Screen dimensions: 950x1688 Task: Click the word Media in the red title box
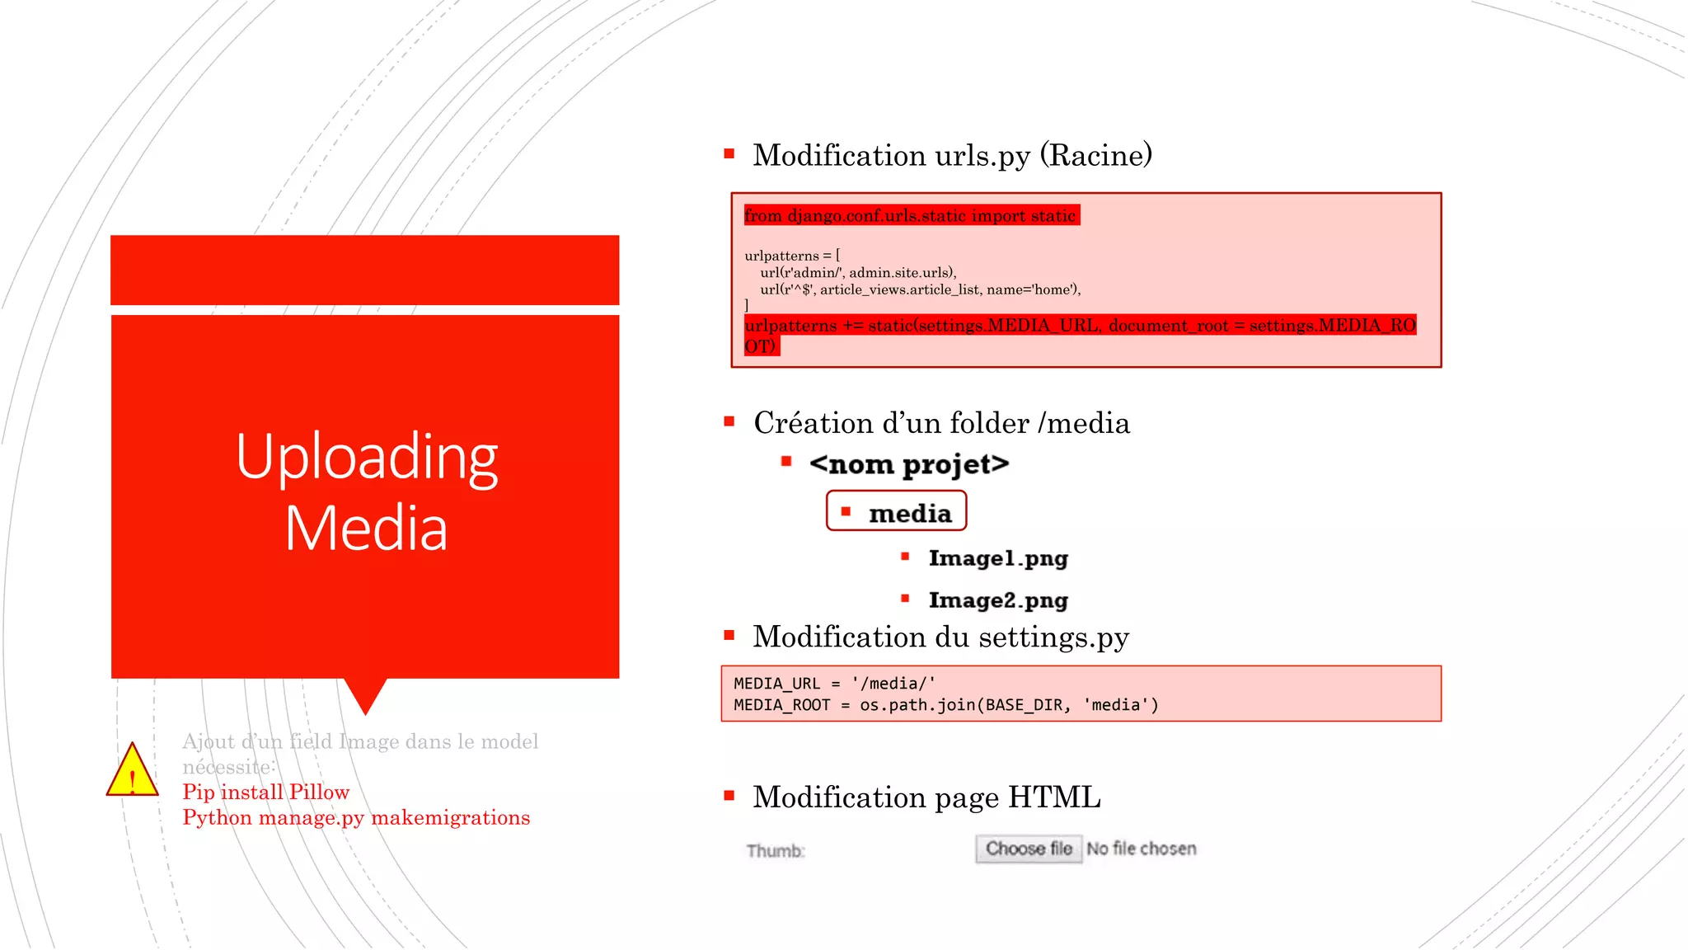(366, 529)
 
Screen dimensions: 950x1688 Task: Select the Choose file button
(1028, 849)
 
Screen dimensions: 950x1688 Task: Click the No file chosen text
(1141, 849)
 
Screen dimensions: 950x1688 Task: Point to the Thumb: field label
(775, 851)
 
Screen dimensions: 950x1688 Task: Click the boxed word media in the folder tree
(909, 513)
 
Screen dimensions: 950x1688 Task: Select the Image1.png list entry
(997, 558)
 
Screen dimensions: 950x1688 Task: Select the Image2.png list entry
(997, 600)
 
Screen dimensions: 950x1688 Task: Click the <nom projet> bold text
(908, 464)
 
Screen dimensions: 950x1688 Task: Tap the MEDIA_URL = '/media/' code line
(834, 684)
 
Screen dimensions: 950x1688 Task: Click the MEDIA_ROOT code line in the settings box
(945, 705)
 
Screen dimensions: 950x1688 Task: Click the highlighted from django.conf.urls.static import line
(910, 215)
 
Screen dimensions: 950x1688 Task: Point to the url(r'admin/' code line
(857, 273)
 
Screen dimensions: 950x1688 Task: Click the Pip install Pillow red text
(265, 792)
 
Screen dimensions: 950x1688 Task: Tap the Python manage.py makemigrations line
(356, 818)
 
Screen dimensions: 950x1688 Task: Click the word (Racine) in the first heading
(1095, 155)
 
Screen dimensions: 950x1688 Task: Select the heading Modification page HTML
(926, 797)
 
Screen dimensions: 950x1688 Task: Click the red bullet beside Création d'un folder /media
(729, 421)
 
